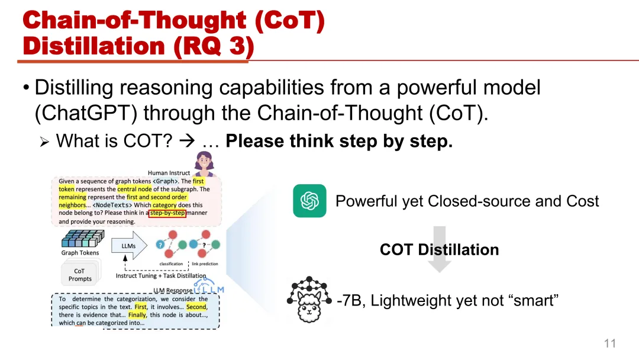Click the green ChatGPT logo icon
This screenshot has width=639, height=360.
[309, 201]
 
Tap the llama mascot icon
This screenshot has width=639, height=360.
[309, 300]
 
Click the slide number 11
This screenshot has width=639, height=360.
[609, 343]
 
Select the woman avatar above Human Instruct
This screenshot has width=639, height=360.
[204, 163]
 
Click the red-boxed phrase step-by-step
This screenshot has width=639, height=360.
[167, 213]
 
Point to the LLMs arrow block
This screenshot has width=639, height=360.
[129, 246]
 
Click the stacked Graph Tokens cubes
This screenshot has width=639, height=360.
[83, 239]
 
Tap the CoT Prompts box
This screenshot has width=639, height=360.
[80, 274]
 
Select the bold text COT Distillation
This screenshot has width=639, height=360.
[439, 249]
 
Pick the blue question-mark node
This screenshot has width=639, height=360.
[160, 245]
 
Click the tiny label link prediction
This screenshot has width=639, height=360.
[205, 263]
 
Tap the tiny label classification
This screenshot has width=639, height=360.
[171, 263]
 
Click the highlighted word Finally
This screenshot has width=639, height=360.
[137, 315]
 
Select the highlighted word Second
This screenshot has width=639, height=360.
[197, 307]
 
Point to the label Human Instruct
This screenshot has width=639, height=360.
[169, 173]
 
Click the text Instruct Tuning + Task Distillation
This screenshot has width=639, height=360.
[161, 275]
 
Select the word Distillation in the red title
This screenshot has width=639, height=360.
[94, 46]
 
